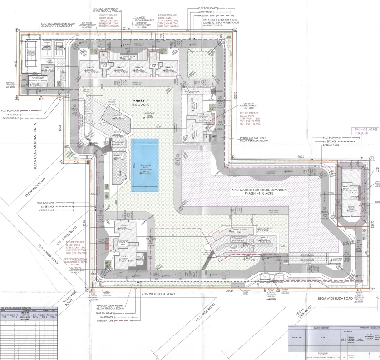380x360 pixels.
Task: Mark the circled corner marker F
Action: pyautogui.click(x=18, y=30)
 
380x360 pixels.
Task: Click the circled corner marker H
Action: pyautogui.click(x=233, y=157)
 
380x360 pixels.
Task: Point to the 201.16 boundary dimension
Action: pyautogui.click(x=126, y=28)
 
